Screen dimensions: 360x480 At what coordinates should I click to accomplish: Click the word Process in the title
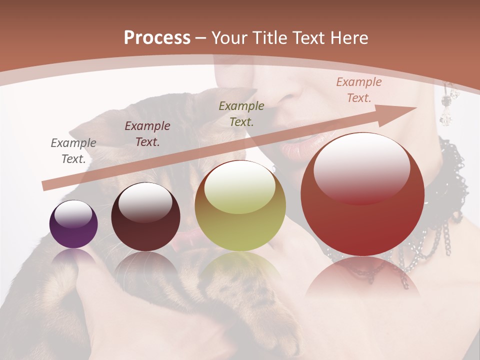[x=157, y=38]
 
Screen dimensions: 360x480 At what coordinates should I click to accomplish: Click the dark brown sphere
[x=145, y=217]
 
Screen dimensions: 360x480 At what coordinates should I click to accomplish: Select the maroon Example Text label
[x=147, y=134]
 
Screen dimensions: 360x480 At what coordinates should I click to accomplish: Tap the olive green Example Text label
[x=241, y=113]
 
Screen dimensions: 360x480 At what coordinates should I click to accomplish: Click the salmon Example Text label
[x=358, y=90]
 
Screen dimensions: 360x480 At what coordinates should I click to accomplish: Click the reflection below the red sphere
[x=362, y=280]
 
